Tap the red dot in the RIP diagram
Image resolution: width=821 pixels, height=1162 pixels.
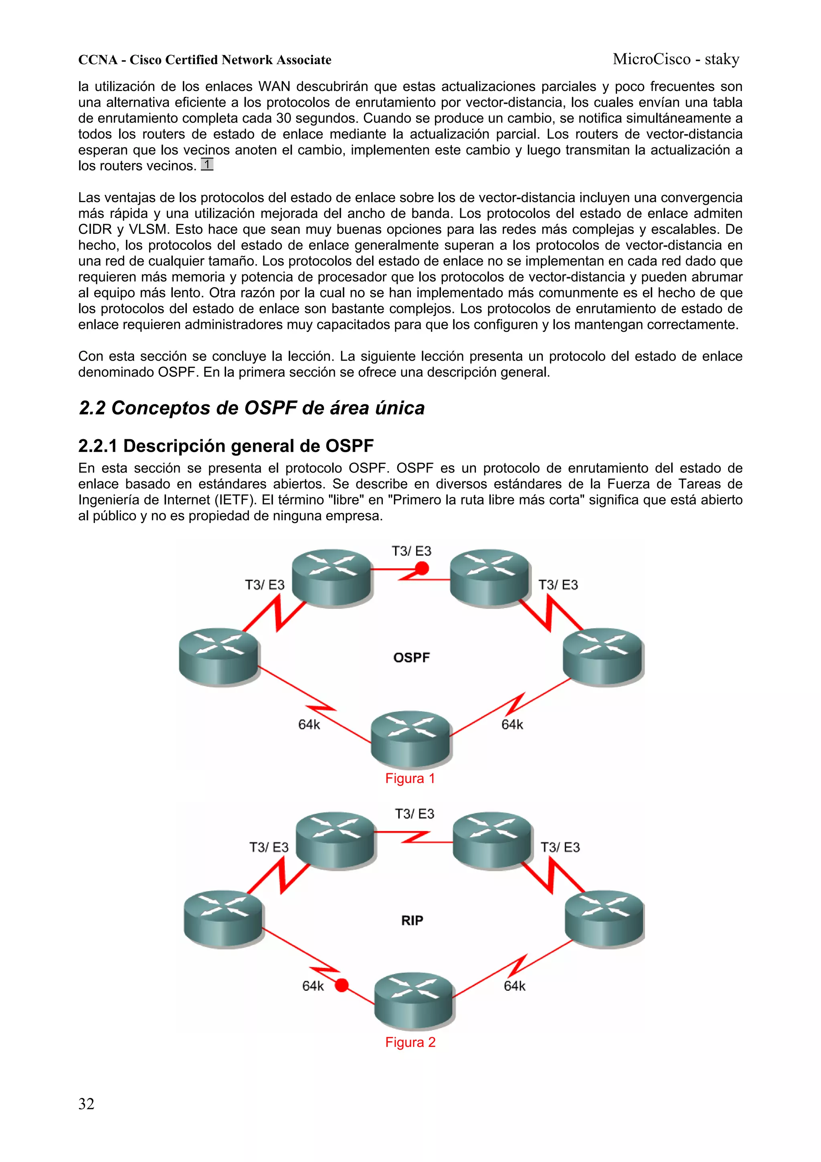tap(342, 985)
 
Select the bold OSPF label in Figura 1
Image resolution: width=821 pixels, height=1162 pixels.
tap(411, 657)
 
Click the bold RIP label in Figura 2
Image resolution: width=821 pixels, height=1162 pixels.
tap(412, 920)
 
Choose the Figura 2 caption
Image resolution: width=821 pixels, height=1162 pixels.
tap(410, 1042)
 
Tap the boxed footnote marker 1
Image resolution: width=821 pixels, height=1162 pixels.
tap(207, 164)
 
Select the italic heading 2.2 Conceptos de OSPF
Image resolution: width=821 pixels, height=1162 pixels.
tap(251, 408)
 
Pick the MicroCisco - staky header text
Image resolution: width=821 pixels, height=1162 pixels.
tap(676, 59)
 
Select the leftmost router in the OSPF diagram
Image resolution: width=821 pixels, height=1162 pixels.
tap(219, 657)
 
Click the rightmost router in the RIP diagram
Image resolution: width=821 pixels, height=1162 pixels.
tap(604, 919)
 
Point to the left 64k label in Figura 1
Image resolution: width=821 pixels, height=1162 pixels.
tap(309, 725)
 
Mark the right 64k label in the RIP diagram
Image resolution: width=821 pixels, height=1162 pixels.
tap(514, 986)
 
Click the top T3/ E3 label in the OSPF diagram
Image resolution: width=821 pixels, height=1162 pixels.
tap(411, 551)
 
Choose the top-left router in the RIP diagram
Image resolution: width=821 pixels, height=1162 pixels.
tap(335, 840)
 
